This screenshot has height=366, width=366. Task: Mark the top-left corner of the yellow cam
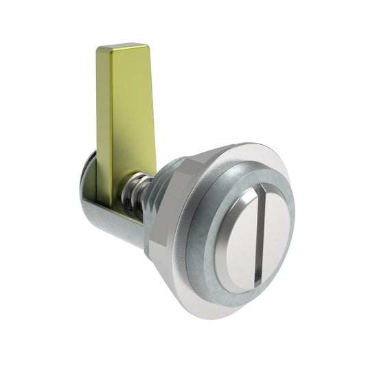point(98,49)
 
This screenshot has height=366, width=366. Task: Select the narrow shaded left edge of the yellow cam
point(102,124)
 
